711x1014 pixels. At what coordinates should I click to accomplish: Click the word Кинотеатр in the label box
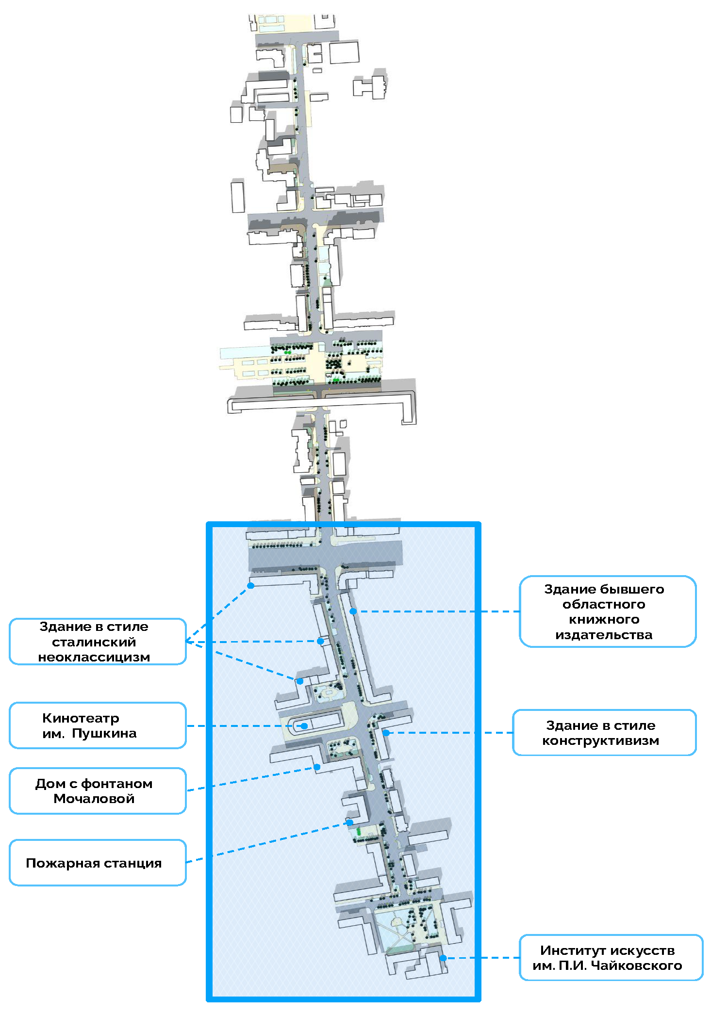pyautogui.click(x=81, y=718)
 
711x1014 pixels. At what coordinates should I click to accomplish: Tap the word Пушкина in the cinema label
pyautogui.click(x=104, y=733)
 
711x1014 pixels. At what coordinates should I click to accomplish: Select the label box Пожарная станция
pyautogui.click(x=98, y=863)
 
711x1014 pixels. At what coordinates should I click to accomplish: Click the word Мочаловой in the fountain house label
pyautogui.click(x=94, y=799)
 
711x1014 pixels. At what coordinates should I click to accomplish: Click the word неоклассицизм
pyautogui.click(x=94, y=657)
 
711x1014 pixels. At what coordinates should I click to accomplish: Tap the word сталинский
pyautogui.click(x=94, y=642)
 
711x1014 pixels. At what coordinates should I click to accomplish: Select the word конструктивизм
pyautogui.click(x=600, y=740)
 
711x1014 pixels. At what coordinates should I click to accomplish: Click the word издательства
pyautogui.click(x=604, y=635)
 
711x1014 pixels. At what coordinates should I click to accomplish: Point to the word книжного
pyautogui.click(x=604, y=619)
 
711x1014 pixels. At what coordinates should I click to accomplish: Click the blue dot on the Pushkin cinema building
pyautogui.click(x=304, y=726)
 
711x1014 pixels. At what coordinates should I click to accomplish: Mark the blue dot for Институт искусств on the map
pyautogui.click(x=443, y=958)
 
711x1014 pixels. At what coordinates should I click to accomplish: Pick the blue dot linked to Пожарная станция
pyautogui.click(x=349, y=822)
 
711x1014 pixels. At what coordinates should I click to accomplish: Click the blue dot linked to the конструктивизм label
pyautogui.click(x=386, y=733)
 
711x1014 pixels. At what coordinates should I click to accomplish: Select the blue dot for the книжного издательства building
pyautogui.click(x=353, y=612)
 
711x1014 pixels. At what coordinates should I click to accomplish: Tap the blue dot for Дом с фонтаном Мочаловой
pyautogui.click(x=317, y=767)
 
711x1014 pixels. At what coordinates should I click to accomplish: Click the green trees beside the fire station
pyautogui.click(x=359, y=832)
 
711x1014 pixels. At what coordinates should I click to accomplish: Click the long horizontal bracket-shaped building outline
pyautogui.click(x=320, y=402)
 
